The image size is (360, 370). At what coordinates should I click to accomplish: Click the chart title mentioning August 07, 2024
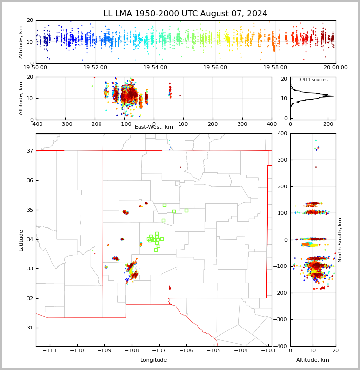click(185, 14)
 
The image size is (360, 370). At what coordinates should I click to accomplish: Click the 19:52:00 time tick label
click(96, 68)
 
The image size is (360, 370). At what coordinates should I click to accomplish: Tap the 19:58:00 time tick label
click(276, 68)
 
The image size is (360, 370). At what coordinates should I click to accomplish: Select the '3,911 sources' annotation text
click(313, 80)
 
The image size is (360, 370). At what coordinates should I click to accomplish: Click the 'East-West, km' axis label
click(154, 127)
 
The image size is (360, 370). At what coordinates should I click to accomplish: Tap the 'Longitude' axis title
click(154, 360)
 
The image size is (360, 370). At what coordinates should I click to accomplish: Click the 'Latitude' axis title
click(21, 240)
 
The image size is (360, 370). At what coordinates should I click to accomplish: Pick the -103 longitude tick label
click(268, 351)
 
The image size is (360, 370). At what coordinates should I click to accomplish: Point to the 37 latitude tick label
click(29, 151)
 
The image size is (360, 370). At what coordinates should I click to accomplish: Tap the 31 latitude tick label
click(29, 328)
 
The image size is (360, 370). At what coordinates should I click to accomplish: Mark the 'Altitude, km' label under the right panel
click(313, 360)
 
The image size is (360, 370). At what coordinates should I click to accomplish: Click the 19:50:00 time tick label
click(36, 68)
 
